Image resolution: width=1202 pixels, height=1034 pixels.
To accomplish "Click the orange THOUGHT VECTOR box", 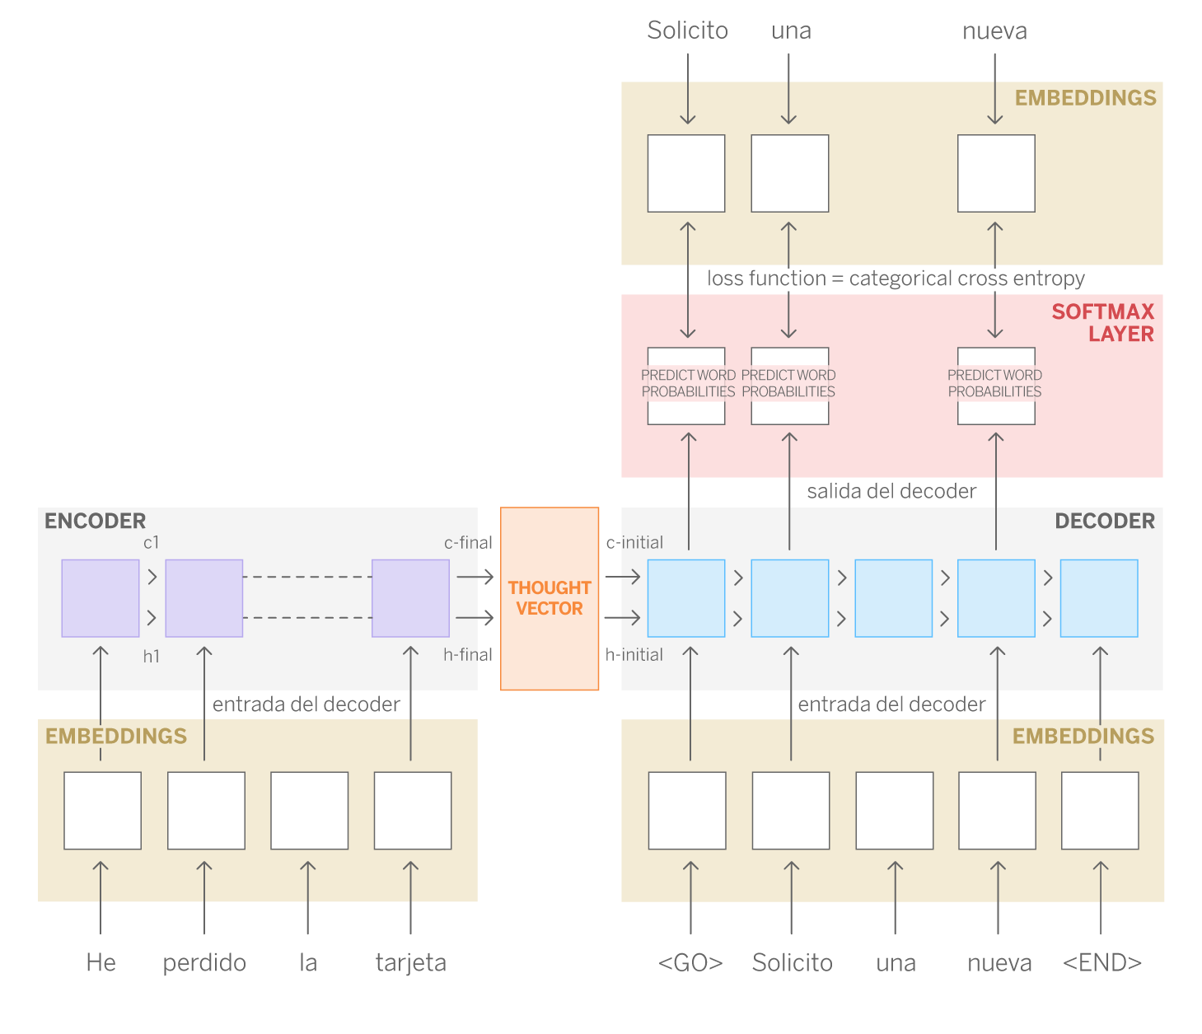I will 550,598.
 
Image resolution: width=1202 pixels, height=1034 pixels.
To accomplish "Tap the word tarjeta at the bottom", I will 410,962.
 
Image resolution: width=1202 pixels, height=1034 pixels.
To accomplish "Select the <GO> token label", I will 690,962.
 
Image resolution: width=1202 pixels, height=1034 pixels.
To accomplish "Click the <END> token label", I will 1102,962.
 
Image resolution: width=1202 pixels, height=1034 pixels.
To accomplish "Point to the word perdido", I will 204,962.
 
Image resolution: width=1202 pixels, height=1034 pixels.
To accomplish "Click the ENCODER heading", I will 95,521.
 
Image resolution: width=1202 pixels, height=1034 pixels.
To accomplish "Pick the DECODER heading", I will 1105,521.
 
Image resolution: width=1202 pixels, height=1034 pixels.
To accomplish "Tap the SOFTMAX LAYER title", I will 1103,322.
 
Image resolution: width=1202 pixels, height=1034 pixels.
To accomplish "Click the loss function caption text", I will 896,278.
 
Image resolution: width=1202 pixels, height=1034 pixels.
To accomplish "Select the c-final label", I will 468,542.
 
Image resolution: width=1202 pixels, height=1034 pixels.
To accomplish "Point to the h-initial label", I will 634,654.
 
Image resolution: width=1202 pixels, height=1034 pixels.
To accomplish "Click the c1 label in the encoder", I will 151,542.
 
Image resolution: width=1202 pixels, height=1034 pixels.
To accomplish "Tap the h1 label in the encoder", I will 151,656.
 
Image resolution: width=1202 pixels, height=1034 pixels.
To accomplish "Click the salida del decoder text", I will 891,491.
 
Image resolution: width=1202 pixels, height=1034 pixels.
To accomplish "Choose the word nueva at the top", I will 994,31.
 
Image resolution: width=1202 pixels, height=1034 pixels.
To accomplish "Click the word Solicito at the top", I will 687,30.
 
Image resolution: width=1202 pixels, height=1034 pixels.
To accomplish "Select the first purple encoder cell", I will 101,598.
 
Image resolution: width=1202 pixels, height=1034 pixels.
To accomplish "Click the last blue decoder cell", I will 1099,598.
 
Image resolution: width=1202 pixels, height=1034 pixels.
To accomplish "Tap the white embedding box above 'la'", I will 310,810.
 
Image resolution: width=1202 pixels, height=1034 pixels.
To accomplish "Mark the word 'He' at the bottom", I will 101,962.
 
